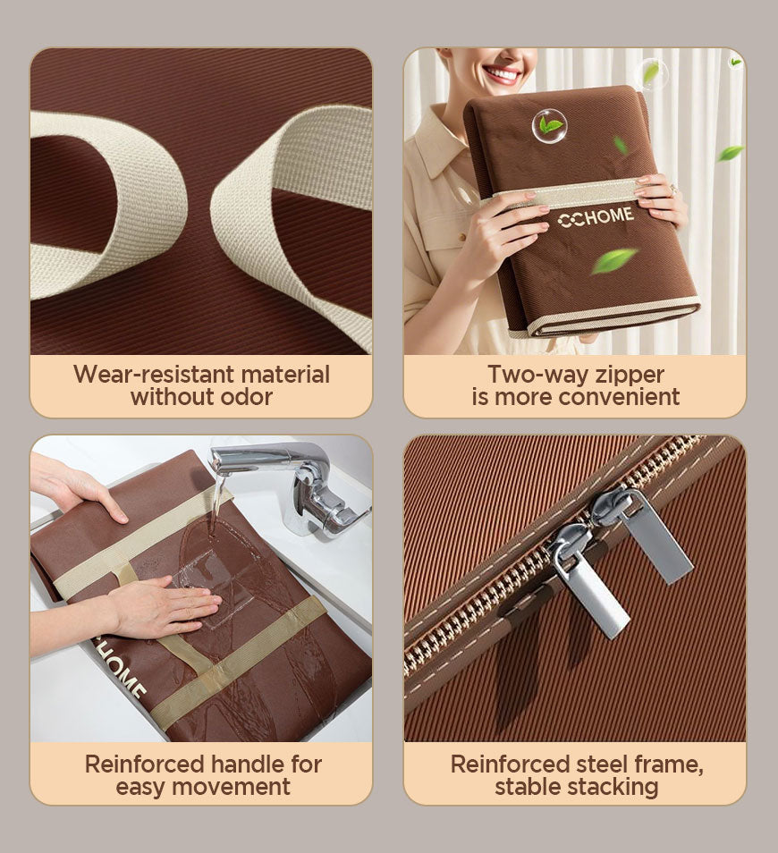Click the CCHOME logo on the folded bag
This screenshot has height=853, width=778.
[x=596, y=217]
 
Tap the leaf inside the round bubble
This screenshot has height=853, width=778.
[x=549, y=126]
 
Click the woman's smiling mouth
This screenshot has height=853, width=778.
[x=501, y=73]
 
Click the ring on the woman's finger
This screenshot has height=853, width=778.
[x=675, y=189]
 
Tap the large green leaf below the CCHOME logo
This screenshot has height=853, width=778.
[x=613, y=259]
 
